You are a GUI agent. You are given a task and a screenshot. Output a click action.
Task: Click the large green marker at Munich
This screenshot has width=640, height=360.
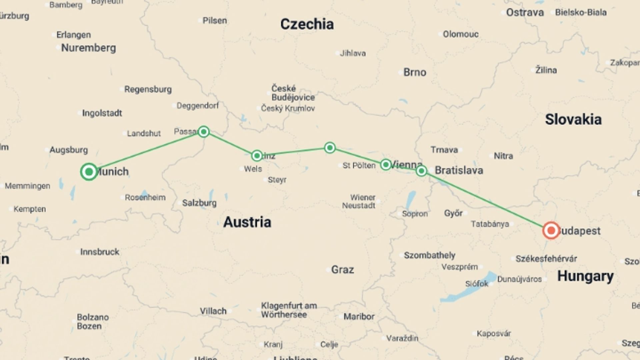point(89,172)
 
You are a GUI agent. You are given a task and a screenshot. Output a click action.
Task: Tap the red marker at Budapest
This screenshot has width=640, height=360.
point(551,230)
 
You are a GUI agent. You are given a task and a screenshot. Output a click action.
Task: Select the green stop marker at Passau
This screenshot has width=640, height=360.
point(204,132)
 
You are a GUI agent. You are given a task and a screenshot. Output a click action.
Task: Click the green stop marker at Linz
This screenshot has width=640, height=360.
point(257,156)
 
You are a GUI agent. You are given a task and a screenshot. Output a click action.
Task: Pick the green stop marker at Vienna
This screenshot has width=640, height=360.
point(386,165)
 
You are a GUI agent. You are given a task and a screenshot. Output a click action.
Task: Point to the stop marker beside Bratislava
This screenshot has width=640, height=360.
point(421,171)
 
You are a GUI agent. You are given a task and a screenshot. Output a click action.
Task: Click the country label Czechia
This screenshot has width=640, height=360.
point(307,24)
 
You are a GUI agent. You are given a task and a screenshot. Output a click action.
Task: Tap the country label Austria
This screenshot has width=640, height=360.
point(247,222)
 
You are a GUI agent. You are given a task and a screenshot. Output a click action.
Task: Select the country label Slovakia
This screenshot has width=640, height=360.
point(573,120)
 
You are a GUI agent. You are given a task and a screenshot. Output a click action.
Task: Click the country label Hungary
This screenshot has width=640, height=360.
point(585,276)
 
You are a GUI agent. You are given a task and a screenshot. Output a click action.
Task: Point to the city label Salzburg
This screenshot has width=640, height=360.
point(199,203)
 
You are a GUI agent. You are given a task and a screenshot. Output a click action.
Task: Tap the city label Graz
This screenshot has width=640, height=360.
point(342,270)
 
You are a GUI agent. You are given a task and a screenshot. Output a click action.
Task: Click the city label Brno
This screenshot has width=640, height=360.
point(415,72)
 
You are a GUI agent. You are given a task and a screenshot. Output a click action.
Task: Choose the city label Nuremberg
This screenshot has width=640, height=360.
point(88,48)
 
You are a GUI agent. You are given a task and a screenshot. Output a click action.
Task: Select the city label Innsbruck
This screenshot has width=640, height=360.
point(99,252)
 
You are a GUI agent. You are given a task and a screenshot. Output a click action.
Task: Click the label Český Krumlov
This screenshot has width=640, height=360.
point(288,108)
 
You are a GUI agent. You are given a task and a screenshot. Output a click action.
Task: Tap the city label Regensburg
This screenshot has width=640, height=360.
point(148,89)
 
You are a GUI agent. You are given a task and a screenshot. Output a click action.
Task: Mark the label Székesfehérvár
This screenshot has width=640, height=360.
point(546,259)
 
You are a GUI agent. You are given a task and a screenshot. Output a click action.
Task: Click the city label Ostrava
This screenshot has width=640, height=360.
point(525,13)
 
